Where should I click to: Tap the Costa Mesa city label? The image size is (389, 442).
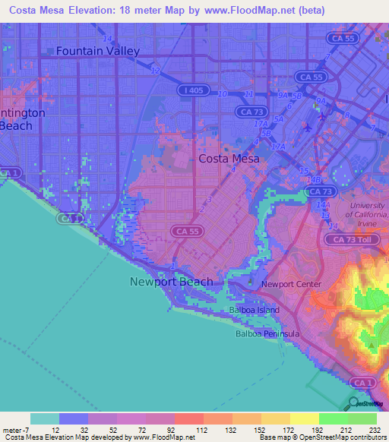tap(229, 159)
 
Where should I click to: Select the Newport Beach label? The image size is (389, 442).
tap(171, 282)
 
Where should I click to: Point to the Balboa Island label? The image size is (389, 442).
tap(254, 310)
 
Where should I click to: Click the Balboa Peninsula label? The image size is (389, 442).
tap(267, 333)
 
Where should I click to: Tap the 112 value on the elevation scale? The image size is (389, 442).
tap(201, 430)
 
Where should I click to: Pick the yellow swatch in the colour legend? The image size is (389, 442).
tap(305, 418)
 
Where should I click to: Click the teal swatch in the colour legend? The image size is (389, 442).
tap(45, 418)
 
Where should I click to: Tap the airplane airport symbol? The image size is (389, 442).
tap(306, 128)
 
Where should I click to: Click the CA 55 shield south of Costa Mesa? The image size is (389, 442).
tap(185, 230)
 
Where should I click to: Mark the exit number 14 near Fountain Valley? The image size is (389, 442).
tap(109, 38)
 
